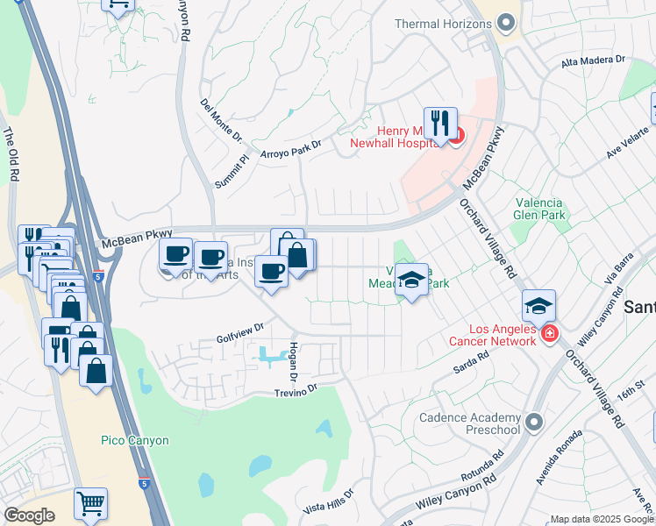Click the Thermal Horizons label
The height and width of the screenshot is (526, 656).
(439, 24)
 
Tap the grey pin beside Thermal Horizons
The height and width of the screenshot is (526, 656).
(505, 24)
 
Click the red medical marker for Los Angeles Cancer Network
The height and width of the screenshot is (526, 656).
(549, 334)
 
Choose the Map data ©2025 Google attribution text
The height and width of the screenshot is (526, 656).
(601, 519)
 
